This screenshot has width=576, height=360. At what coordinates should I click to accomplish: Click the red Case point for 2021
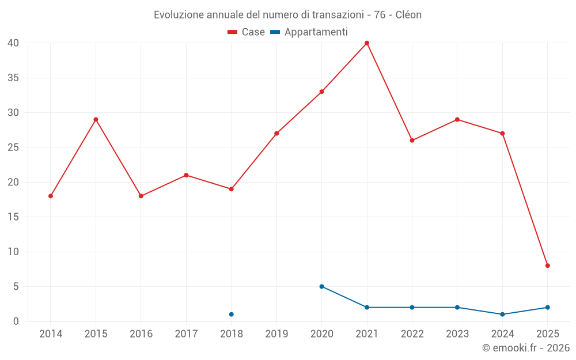[x=367, y=43]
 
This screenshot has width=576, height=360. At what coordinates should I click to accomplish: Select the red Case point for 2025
[x=548, y=266]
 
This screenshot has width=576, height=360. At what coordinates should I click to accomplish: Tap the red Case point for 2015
[x=96, y=120]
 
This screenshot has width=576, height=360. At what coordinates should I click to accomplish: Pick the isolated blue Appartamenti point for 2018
[x=232, y=314]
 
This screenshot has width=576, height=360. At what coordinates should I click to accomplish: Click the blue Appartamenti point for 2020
[x=321, y=286]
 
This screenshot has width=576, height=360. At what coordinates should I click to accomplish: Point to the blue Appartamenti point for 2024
[x=502, y=314]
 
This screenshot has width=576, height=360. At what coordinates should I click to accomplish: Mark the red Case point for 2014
[x=51, y=196]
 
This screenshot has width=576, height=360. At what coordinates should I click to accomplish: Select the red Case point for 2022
[x=412, y=141]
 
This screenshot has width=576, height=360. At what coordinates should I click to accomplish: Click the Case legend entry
[x=246, y=32]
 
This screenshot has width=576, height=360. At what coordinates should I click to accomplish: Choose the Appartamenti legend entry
[x=309, y=32]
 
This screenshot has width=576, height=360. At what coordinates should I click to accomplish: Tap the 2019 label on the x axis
[x=276, y=334]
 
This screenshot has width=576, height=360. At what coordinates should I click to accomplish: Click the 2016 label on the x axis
[x=141, y=334]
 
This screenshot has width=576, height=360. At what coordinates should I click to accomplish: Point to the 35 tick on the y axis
[x=14, y=78]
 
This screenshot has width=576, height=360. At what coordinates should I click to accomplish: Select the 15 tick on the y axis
[x=14, y=217]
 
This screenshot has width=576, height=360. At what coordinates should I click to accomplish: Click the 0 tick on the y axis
[x=16, y=321]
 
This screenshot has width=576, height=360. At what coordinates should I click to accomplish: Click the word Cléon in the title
[x=408, y=15]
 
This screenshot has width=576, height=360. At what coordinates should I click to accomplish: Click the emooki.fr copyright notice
[x=525, y=348]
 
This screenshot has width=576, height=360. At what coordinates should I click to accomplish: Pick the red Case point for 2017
[x=186, y=175]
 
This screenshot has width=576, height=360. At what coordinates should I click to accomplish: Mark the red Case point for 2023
[x=457, y=120]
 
